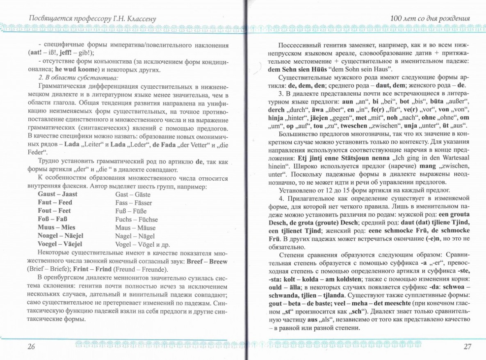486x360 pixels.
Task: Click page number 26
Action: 31,346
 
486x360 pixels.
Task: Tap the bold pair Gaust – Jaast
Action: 57,194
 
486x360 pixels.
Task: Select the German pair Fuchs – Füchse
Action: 137,219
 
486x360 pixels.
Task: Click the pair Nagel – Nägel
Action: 135,236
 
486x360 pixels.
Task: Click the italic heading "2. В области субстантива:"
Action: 78,78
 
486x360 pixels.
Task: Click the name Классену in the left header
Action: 139,18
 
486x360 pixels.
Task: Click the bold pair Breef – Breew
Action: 207,261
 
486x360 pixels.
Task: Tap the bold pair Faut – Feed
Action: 55,202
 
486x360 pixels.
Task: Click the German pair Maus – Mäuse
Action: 135,227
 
